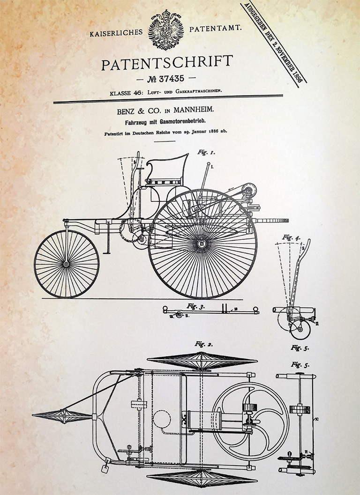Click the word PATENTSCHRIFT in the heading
(167, 62)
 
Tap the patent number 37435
(167, 78)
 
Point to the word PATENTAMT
(215, 30)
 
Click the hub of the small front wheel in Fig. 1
(66, 265)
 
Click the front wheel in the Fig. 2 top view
(63, 415)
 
